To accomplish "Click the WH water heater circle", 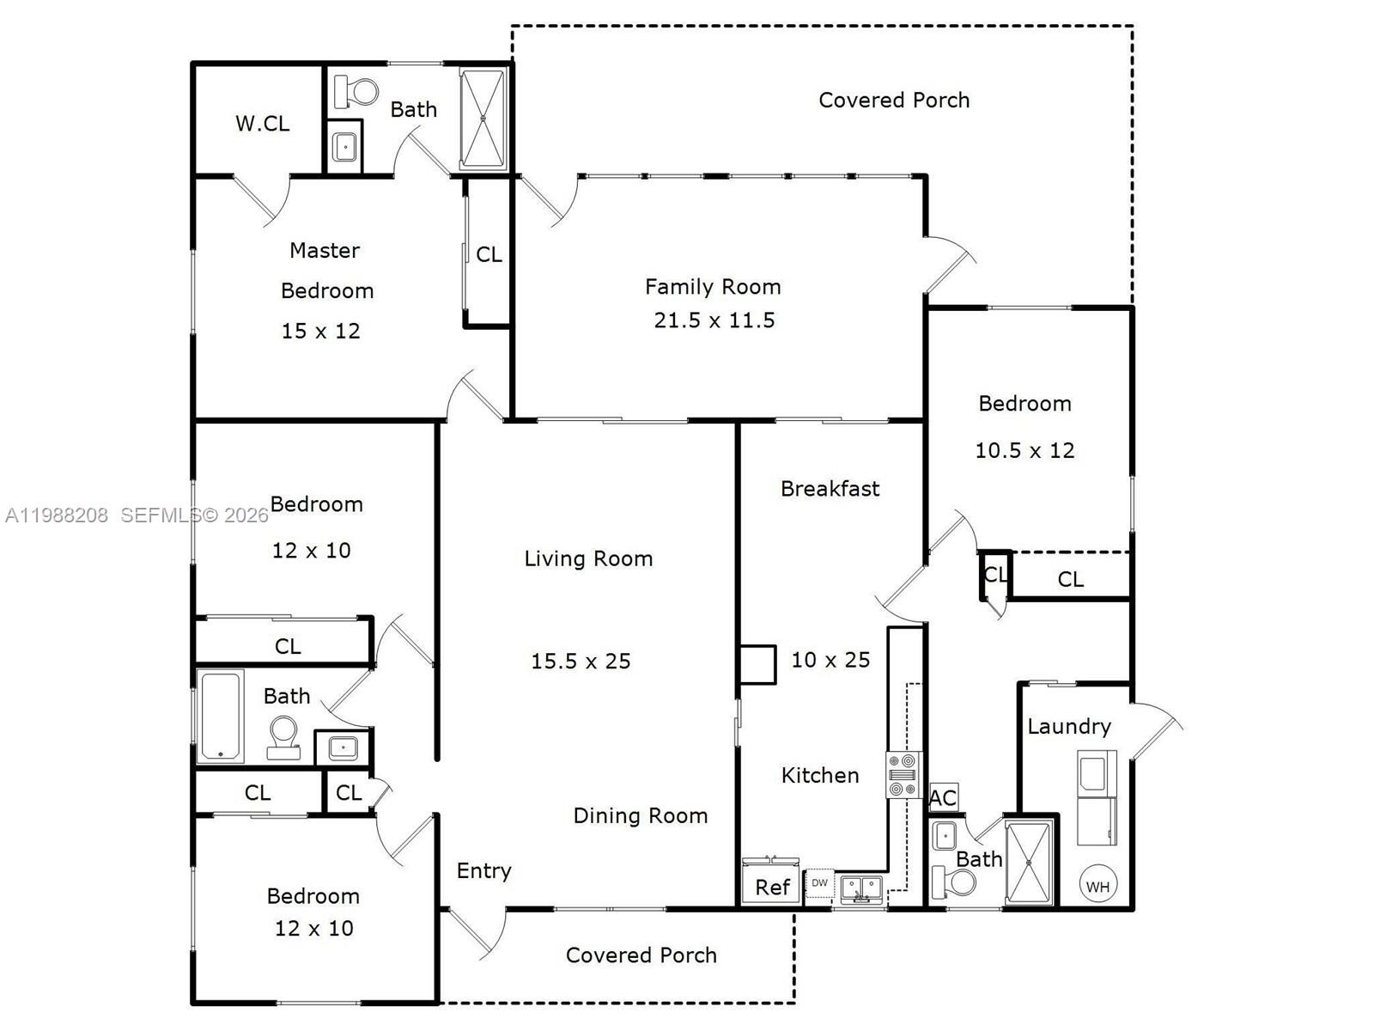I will (1097, 886).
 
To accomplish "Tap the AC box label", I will (943, 797).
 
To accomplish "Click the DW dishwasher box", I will (819, 883).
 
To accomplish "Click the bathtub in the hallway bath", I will (221, 716).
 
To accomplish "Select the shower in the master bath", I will (483, 118).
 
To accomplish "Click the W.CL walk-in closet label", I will (262, 124).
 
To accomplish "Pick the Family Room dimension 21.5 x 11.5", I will (714, 320).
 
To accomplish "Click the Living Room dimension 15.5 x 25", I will (581, 661).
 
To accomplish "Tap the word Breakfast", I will (830, 489).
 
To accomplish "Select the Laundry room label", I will (1068, 727).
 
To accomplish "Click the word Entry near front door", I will (483, 871).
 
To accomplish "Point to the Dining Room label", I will (640, 816).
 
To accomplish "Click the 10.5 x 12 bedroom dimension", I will (1024, 450).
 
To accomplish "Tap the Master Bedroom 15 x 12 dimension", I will (320, 331).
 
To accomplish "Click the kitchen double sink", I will (860, 888).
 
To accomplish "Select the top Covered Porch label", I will (893, 101).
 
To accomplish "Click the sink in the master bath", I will (344, 147).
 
